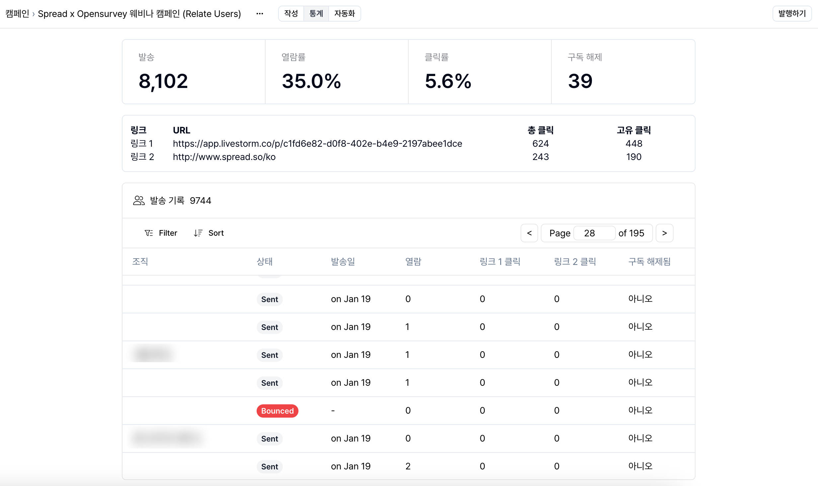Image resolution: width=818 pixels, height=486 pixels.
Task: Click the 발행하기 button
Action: tap(792, 14)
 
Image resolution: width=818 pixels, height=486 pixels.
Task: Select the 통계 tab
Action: tap(316, 14)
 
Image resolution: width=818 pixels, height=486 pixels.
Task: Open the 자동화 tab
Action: tap(344, 14)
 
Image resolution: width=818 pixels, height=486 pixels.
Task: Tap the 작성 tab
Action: tap(291, 14)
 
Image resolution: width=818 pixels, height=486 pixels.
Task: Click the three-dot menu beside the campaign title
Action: tap(260, 14)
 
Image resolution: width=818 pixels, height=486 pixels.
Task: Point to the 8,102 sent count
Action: tap(163, 81)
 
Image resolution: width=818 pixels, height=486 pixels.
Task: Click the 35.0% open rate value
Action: tap(311, 81)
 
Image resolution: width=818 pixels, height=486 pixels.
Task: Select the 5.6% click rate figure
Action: tap(448, 81)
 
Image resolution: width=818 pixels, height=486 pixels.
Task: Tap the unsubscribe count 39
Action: tap(580, 81)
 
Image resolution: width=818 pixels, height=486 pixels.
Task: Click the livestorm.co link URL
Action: tap(317, 143)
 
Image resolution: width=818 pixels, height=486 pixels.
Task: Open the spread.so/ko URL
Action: tap(224, 157)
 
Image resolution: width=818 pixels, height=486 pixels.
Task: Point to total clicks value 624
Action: tap(540, 143)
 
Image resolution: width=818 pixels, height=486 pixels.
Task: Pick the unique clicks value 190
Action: tap(633, 157)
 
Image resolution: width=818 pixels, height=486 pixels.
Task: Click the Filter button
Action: tap(161, 233)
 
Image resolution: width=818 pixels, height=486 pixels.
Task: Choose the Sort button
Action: tap(209, 233)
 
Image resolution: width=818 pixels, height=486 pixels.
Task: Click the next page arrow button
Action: tap(664, 233)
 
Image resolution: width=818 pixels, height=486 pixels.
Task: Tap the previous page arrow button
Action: tap(529, 233)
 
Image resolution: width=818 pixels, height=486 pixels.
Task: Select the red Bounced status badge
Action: tap(277, 411)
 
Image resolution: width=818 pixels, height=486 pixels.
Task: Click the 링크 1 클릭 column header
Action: tap(500, 262)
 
